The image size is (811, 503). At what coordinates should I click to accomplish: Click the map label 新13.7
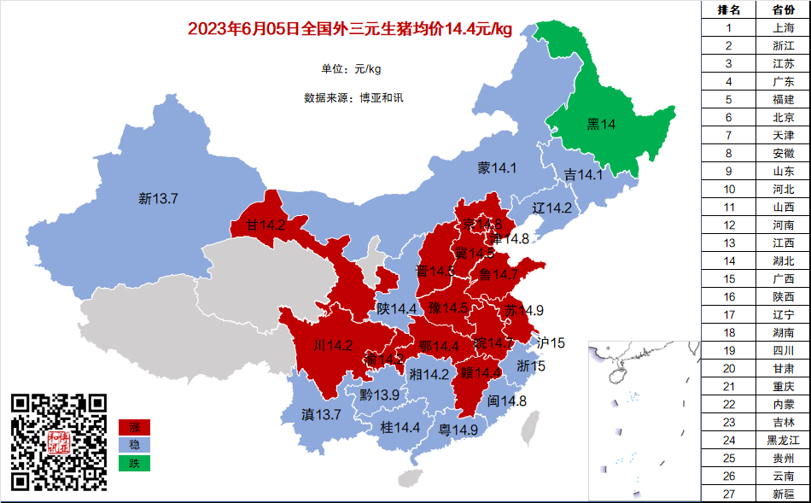158,199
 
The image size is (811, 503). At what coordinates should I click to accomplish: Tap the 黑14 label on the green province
601,125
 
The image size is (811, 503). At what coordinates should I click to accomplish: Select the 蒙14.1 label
497,168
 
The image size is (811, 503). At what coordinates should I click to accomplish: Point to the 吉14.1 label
583,175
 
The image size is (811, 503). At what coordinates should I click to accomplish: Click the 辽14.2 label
551,208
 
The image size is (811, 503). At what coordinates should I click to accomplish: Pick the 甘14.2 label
265,226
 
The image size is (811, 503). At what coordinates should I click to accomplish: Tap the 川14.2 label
333,346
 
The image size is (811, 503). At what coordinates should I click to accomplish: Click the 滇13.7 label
321,414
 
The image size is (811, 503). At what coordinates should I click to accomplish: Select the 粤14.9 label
458,430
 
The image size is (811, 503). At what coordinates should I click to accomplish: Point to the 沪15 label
551,343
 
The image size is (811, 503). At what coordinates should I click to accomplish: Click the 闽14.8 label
507,401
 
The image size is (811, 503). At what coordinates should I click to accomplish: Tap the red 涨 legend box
134,427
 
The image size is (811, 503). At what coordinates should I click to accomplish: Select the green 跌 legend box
134,464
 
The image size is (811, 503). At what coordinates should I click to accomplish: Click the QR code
59,442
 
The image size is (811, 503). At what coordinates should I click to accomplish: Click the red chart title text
349,30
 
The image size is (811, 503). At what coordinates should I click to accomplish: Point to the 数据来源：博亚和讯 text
353,97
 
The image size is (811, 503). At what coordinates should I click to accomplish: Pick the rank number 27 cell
728,494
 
